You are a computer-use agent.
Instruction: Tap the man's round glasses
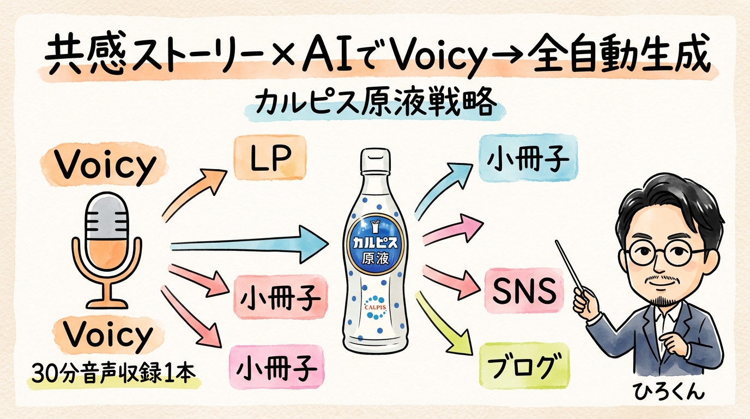[x=662, y=253]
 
